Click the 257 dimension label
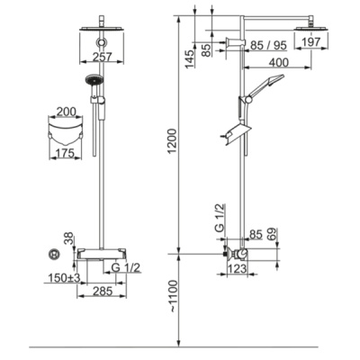pyautogui.click(x=102, y=57)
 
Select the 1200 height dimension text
pyautogui.click(x=173, y=141)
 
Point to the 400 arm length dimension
pyautogui.click(x=279, y=62)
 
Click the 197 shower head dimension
pyautogui.click(x=310, y=42)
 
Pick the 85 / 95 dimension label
pyautogui.click(x=268, y=45)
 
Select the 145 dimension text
pyautogui.click(x=190, y=58)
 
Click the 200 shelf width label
pyautogui.click(x=66, y=112)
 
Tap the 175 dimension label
pyautogui.click(x=65, y=153)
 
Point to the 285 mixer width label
pyautogui.click(x=102, y=291)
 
